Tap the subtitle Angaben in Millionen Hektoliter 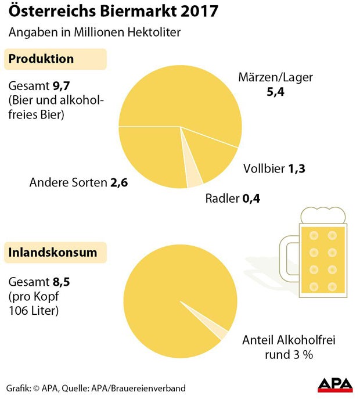pyautogui.click(x=94, y=32)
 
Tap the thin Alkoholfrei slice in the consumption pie pyautogui.click(x=221, y=332)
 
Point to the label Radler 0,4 pyautogui.click(x=232, y=199)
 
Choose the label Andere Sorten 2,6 pyautogui.click(x=78, y=183)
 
